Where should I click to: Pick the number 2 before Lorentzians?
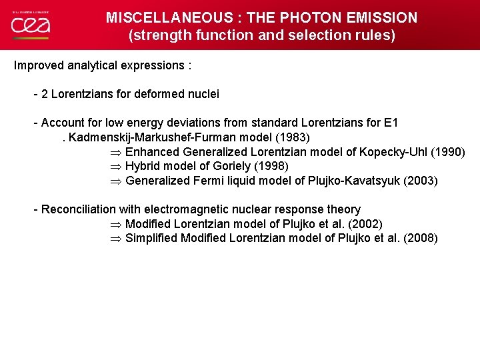click(45, 94)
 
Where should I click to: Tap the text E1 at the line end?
click(392, 123)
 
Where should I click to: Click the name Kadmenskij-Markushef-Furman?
click(156, 137)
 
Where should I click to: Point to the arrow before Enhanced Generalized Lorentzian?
click(115, 152)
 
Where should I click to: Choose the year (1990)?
click(448, 152)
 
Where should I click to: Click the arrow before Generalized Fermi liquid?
click(115, 181)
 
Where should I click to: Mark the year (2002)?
click(366, 224)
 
